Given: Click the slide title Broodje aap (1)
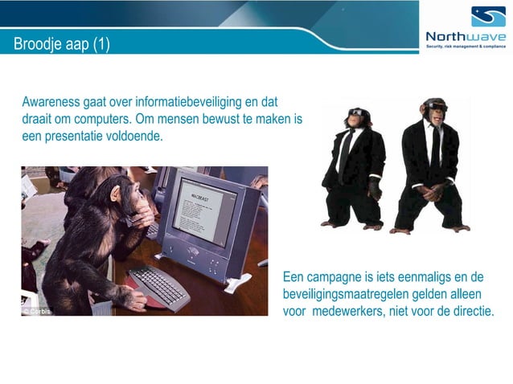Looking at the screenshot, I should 62,43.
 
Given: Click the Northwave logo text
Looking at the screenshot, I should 466,36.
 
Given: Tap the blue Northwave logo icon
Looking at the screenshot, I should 488,16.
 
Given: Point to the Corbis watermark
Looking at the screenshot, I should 36,311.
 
